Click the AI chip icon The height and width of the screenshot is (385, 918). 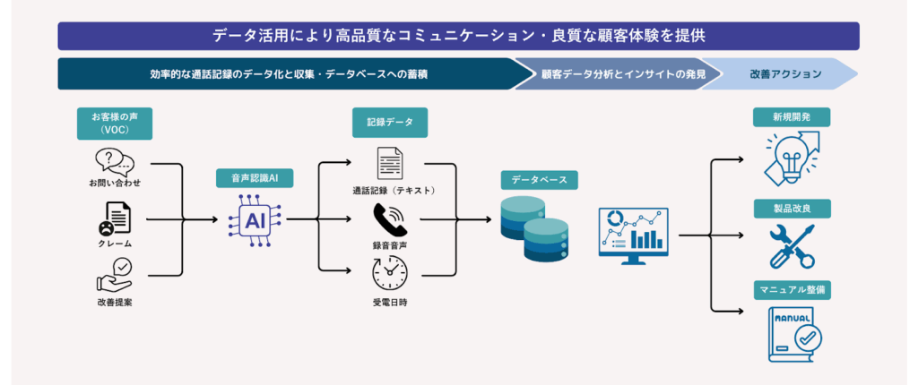tap(255, 218)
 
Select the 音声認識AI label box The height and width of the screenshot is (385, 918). tap(255, 178)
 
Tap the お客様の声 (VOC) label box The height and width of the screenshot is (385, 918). tap(115, 123)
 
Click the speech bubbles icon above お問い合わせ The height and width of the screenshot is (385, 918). tap(114, 162)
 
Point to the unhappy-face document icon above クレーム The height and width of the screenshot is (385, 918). tap(114, 218)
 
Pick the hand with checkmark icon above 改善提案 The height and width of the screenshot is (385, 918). tap(114, 275)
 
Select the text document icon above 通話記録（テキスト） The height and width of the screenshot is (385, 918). tap(389, 165)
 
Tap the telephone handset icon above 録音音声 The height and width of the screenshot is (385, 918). tap(389, 219)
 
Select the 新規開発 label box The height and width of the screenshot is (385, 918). tap(792, 117)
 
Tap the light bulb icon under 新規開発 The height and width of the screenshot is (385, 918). tap(792, 157)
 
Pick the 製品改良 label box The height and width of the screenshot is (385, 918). tap(792, 209)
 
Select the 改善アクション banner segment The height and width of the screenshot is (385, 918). tap(786, 74)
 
